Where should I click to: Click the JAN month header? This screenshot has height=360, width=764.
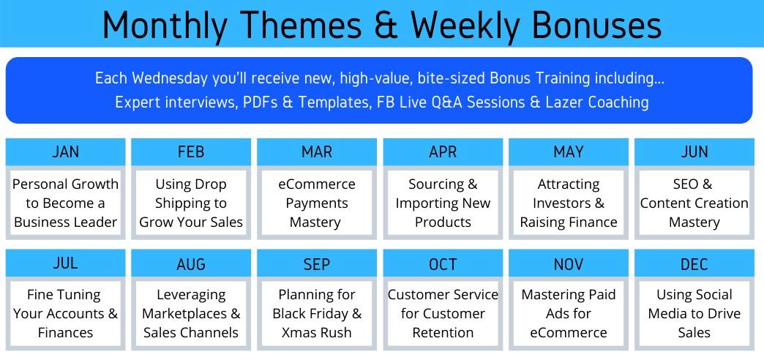click(65, 152)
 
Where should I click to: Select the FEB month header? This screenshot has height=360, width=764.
click(191, 152)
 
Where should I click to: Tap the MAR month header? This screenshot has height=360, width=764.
click(317, 152)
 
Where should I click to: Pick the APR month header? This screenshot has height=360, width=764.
click(443, 152)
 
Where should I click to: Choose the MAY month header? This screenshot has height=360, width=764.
click(569, 152)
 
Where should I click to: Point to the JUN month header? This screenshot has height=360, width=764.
click(694, 152)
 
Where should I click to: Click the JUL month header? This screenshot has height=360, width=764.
click(65, 263)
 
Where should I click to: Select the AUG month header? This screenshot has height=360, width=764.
click(191, 263)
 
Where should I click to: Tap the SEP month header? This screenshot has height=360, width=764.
click(317, 263)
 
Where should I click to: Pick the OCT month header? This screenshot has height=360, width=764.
click(443, 263)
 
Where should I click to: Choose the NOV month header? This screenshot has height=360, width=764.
click(569, 263)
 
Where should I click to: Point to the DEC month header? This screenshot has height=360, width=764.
click(694, 263)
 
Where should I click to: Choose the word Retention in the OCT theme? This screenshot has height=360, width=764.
click(443, 333)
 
